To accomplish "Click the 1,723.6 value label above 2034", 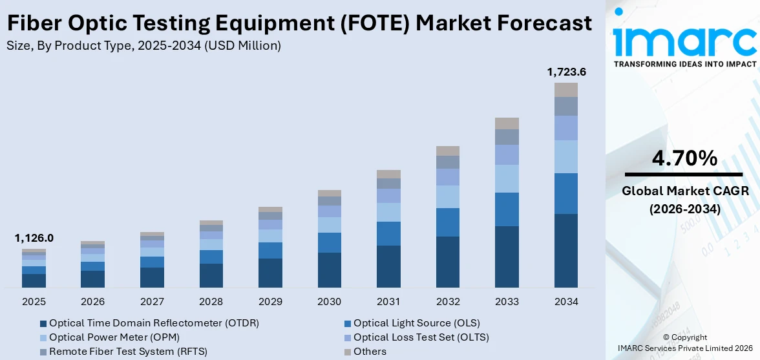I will coord(566,72).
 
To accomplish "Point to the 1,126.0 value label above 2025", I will coord(34,238).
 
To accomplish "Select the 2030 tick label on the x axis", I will coord(330,302).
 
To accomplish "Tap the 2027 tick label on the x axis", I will coord(152,302).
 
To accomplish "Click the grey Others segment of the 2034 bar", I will coord(566,90).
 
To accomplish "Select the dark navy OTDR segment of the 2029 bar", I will coord(270,273).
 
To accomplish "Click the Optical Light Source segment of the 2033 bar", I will coord(507,209).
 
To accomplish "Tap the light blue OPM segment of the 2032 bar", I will coord(448,197).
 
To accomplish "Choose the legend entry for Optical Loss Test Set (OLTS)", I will coord(421,337).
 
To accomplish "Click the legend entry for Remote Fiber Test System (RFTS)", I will coord(128,352).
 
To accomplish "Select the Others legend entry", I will coord(370,352).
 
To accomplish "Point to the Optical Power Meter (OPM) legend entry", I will coord(114,337).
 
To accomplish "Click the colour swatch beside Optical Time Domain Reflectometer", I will coord(43,323).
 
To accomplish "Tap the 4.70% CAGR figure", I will coord(685,158).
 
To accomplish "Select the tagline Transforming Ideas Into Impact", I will coord(685,64).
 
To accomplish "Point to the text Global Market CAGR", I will coord(685,191).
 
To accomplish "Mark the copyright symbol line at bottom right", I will coord(685,337).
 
